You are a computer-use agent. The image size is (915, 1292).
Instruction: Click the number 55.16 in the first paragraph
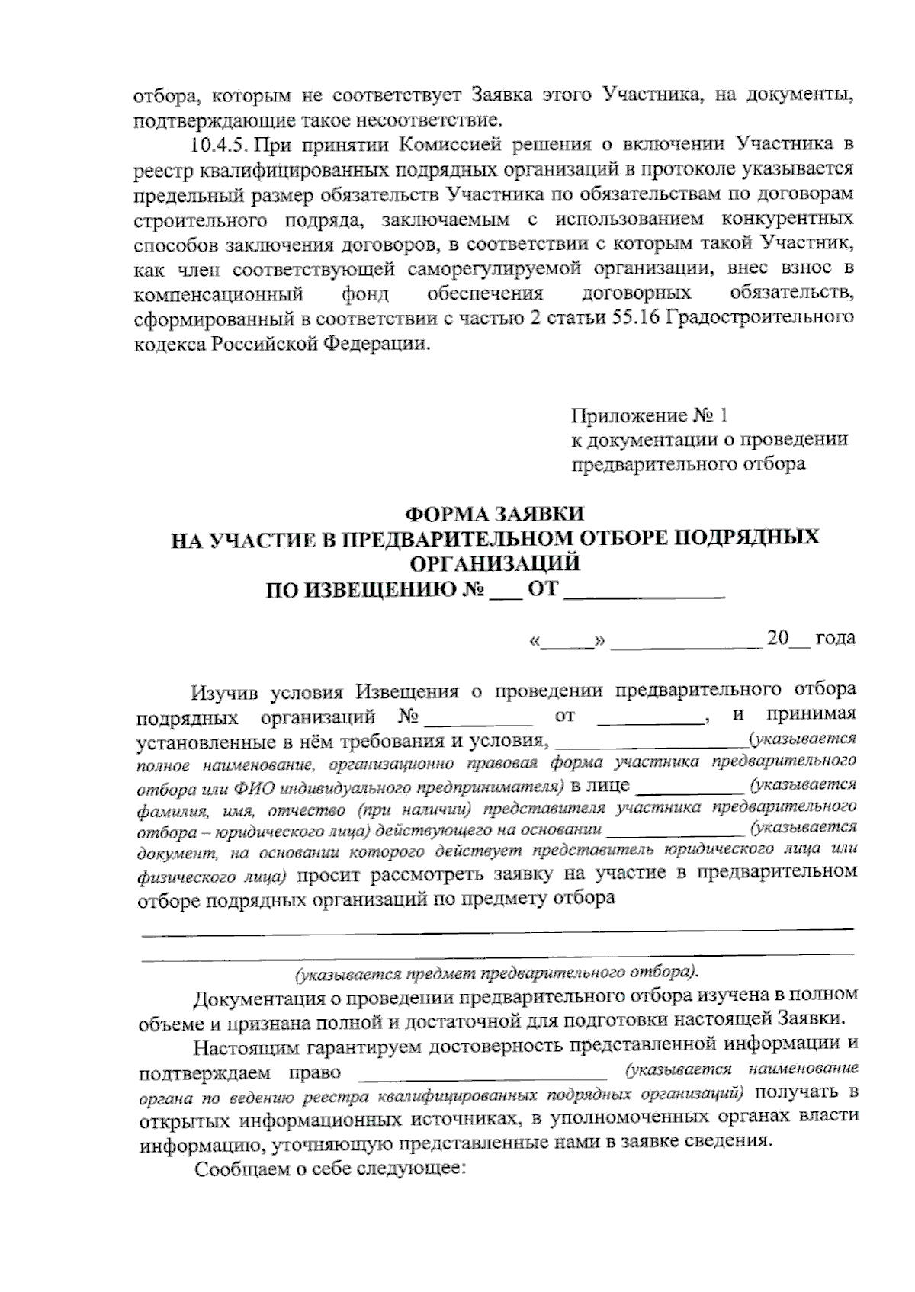[x=637, y=318]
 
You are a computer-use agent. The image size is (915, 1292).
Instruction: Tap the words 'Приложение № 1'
[x=650, y=416]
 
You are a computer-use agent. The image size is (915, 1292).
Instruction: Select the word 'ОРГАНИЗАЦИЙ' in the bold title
[x=495, y=564]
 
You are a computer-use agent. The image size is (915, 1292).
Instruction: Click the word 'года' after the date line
[x=835, y=638]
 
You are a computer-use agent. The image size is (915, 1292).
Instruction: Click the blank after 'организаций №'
[x=478, y=717]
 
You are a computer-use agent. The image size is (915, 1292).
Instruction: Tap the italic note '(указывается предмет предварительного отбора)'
[x=496, y=973]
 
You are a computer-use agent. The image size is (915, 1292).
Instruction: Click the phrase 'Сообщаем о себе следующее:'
[x=329, y=1169]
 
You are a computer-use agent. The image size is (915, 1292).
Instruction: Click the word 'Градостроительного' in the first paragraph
[x=760, y=317]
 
